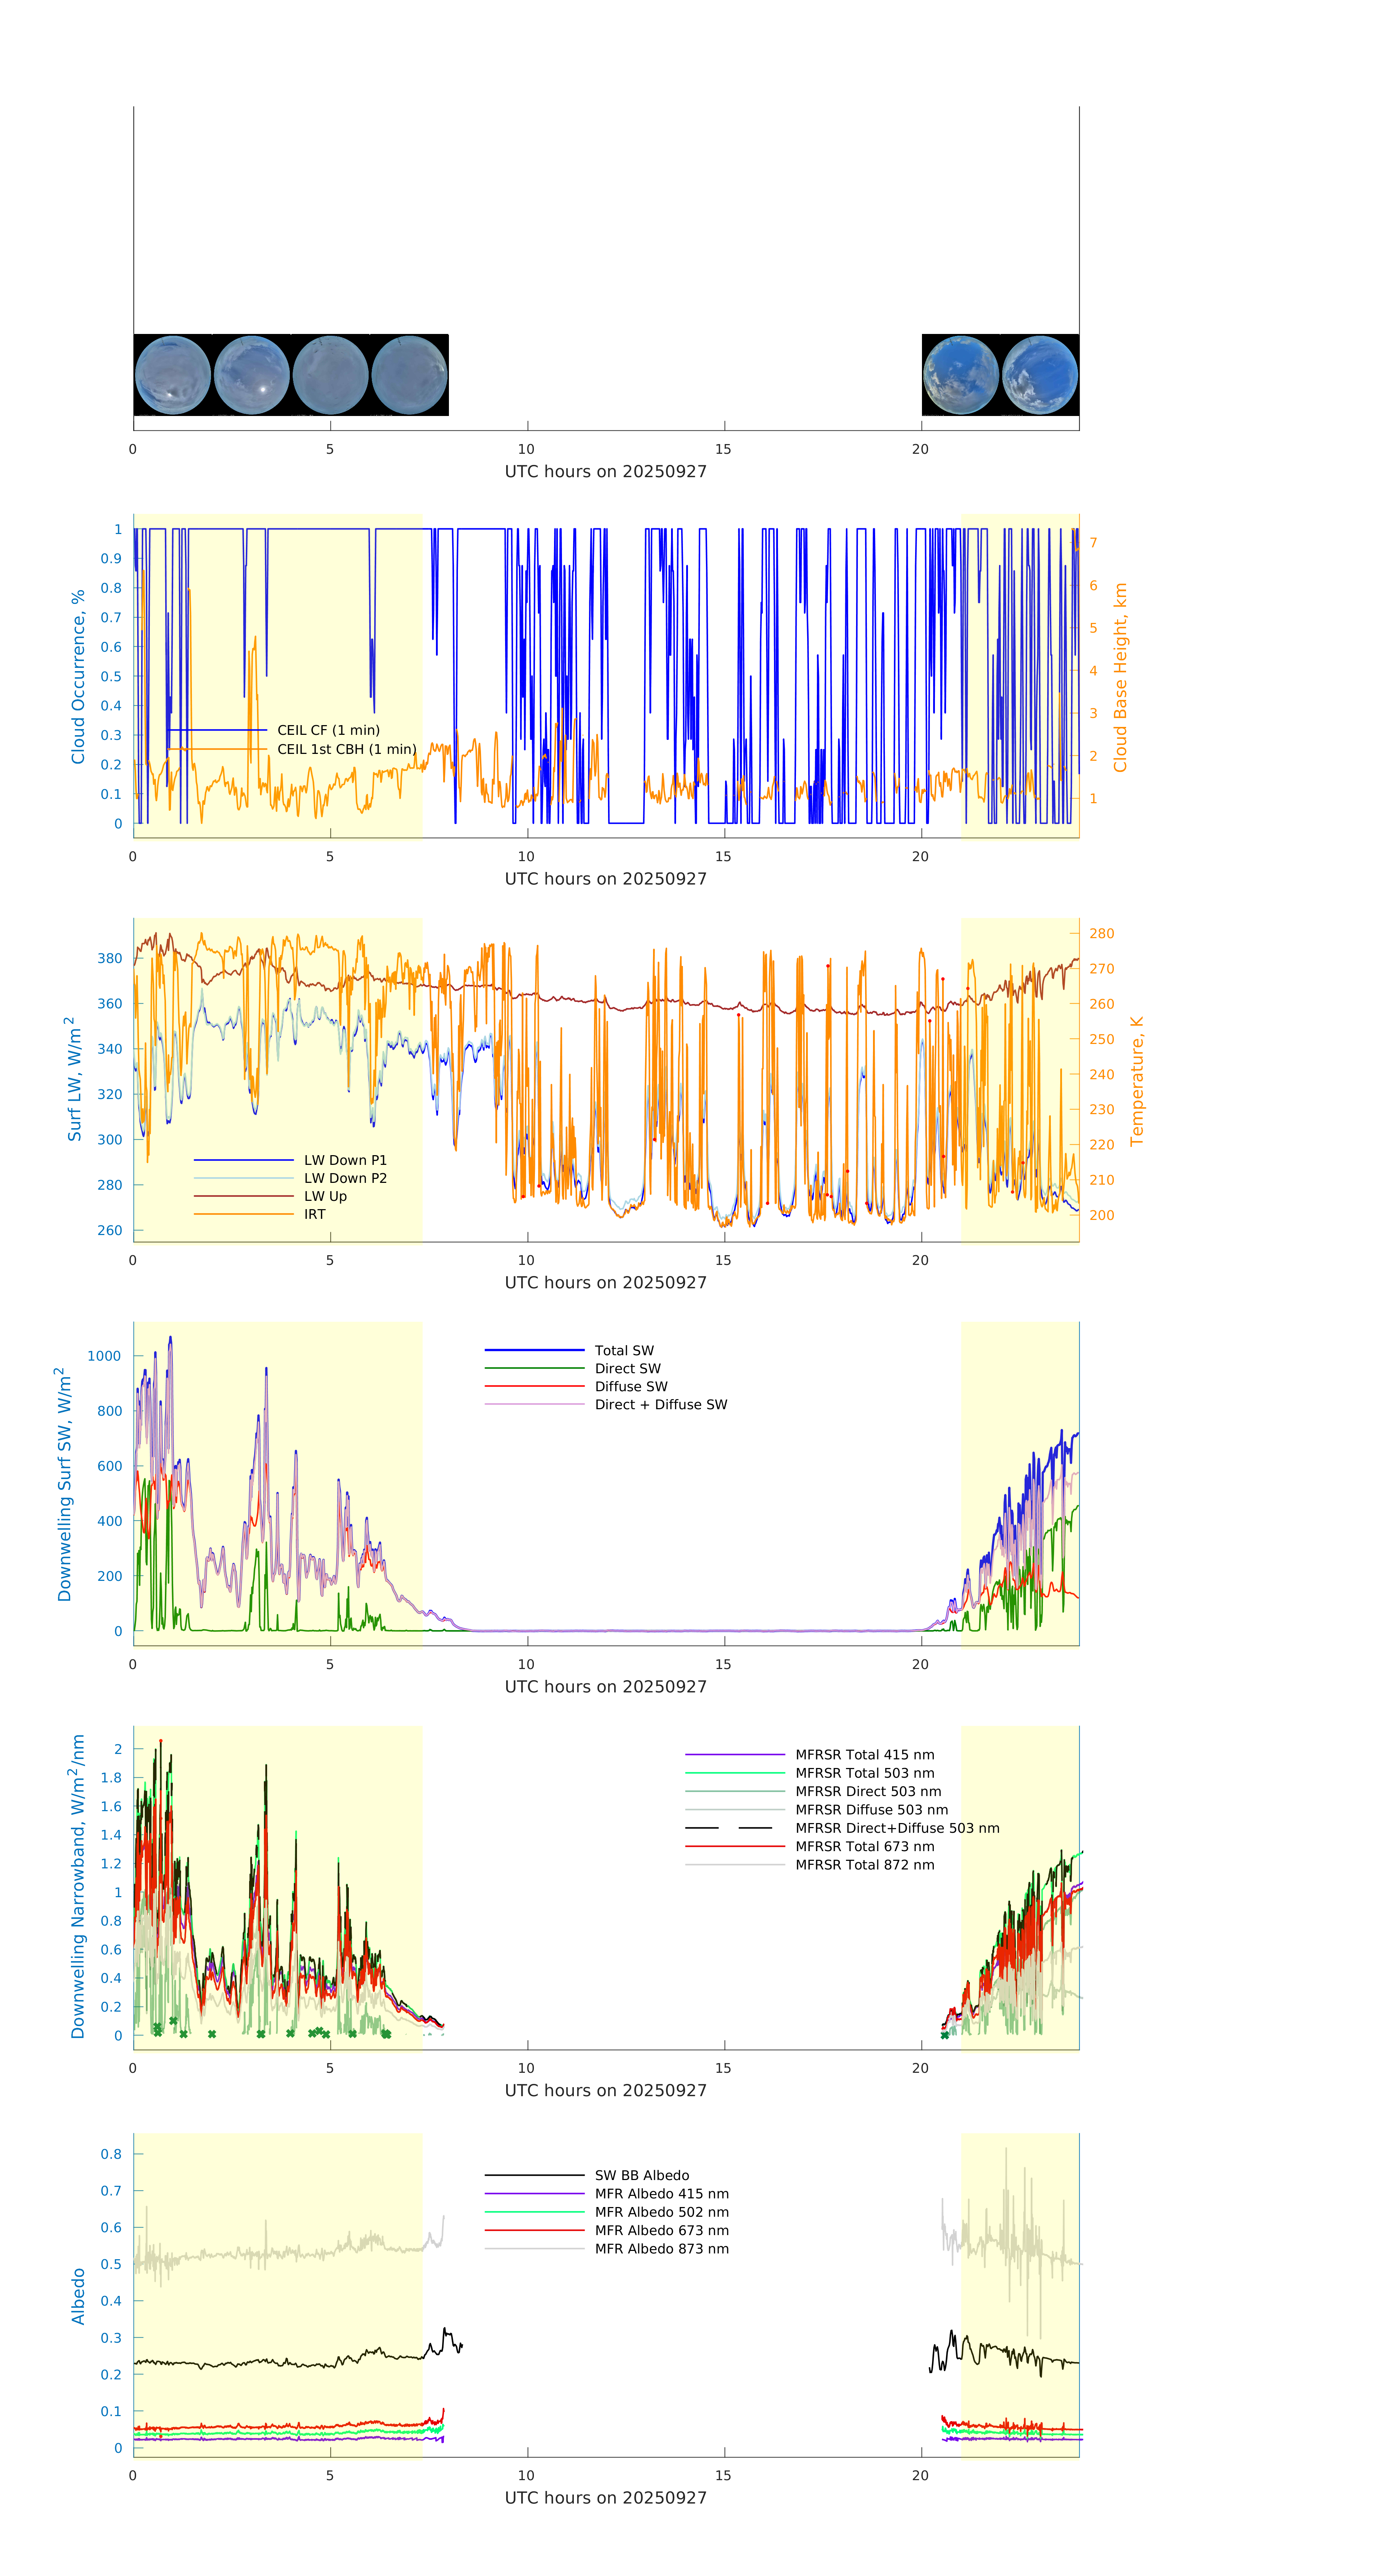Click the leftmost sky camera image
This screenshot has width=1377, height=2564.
pyautogui.click(x=172, y=375)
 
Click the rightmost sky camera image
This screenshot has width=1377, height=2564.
pyautogui.click(x=1039, y=375)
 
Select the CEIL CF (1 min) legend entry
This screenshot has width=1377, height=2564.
pyautogui.click(x=328, y=731)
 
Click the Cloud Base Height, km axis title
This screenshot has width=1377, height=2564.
pyautogui.click(x=1120, y=678)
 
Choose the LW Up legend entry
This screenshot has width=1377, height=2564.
pyautogui.click(x=325, y=1197)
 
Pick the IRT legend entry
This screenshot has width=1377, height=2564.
pyautogui.click(x=315, y=1214)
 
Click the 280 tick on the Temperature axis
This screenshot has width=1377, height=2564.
pyautogui.click(x=1101, y=933)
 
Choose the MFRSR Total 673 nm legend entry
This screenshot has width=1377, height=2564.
pyautogui.click(x=864, y=1846)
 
